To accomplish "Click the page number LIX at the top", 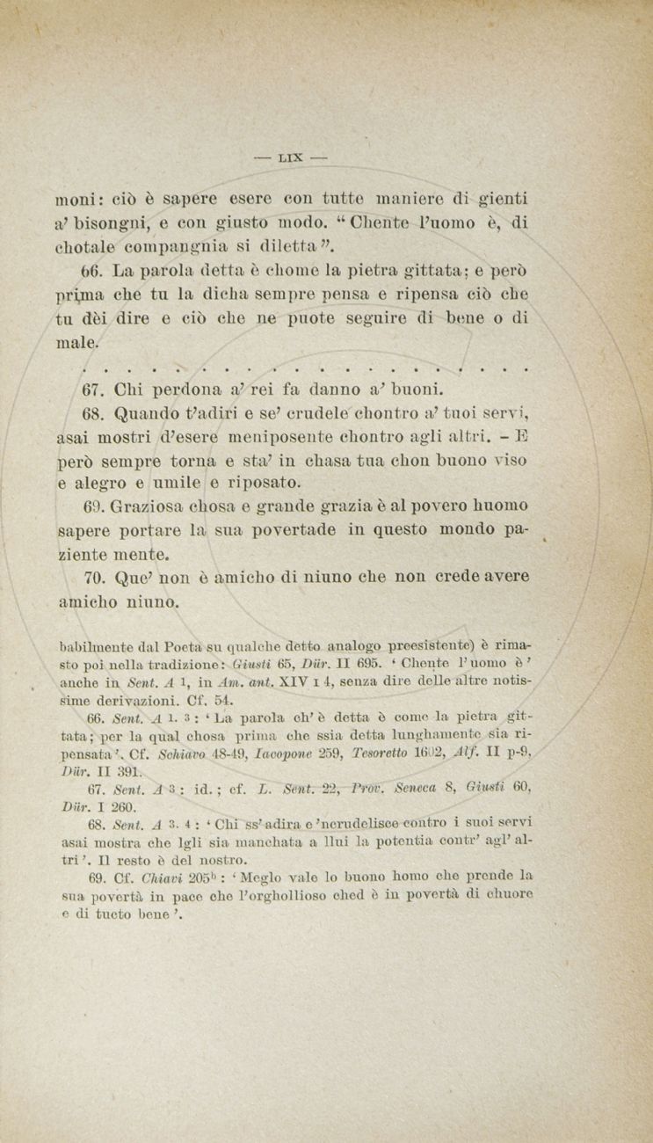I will [290, 158].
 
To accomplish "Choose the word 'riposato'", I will [264, 483].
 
